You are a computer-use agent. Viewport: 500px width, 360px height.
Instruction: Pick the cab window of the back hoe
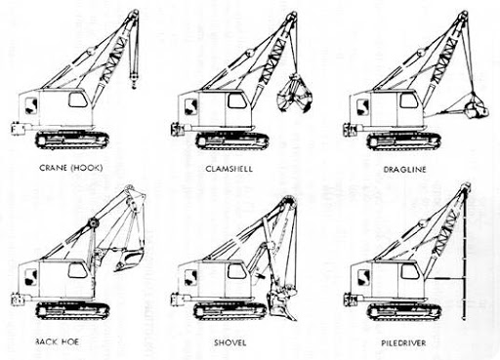coord(76,270)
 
